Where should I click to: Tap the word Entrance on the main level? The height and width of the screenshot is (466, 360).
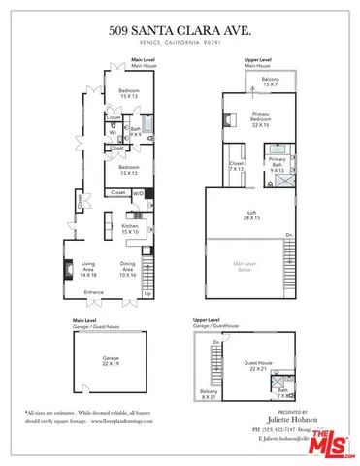[93, 292]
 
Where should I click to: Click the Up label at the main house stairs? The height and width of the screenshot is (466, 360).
[147, 293]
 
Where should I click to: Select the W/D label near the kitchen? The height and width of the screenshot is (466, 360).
[146, 193]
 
